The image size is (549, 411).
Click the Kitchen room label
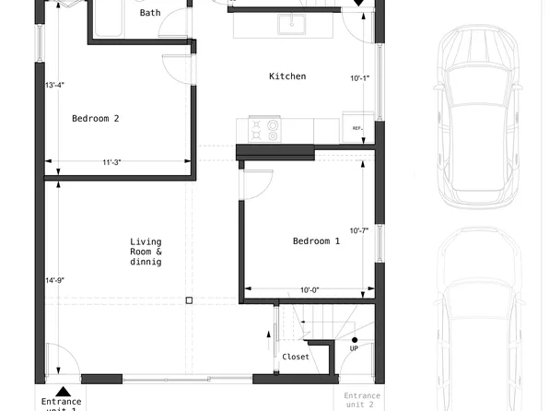pos(287,76)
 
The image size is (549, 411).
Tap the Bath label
pos(149,13)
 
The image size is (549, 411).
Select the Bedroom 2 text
pos(96,118)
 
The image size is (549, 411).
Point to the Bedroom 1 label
pos(316,241)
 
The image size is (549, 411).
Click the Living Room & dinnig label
pos(146,252)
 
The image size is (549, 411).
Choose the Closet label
pos(296,357)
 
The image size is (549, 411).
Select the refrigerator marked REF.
pos(357,126)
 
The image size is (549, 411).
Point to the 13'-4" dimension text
pos(55,86)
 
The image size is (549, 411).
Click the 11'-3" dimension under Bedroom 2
pos(112,163)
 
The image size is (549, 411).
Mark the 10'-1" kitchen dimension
pos(359,78)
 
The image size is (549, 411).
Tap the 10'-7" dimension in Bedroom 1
pos(358,230)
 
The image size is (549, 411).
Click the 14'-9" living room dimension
pos(55,280)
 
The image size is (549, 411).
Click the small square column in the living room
pos(189,299)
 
